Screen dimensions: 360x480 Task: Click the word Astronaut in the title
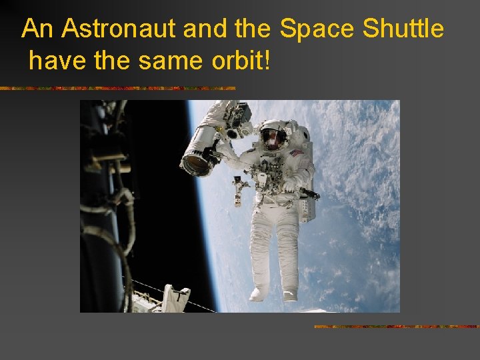pos(105,29)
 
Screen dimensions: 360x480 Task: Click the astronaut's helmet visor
pos(273,137)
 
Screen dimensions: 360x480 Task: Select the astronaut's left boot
pos(289,293)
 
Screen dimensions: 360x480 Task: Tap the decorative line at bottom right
pos(396,327)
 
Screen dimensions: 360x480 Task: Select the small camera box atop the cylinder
pos(237,113)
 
